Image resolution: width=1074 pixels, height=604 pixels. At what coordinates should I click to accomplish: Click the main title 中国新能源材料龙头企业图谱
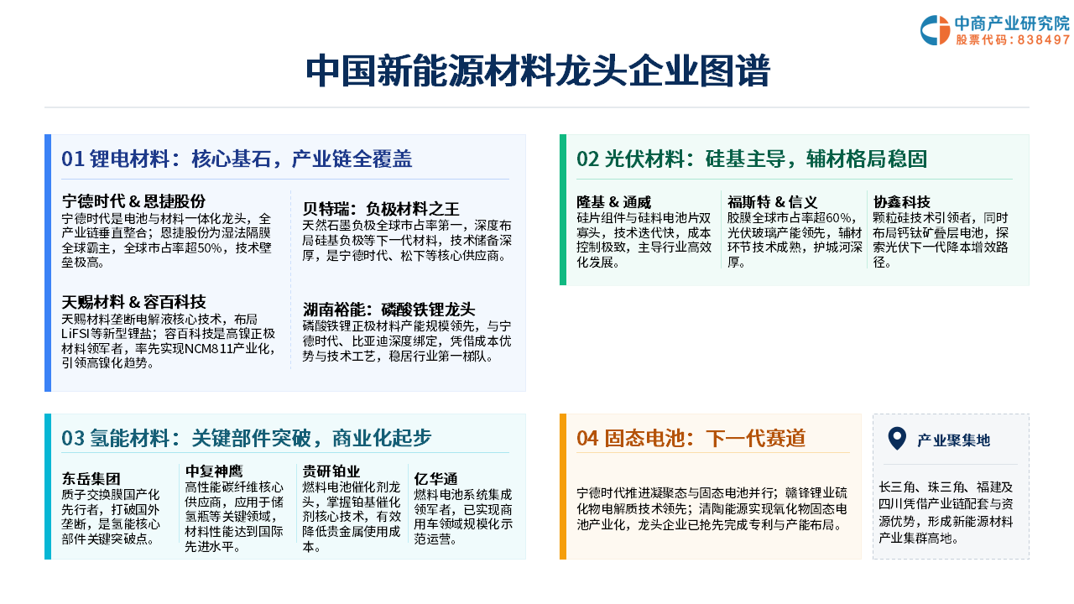click(x=538, y=71)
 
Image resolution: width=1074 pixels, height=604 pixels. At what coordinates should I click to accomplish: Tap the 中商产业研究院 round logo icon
click(x=935, y=30)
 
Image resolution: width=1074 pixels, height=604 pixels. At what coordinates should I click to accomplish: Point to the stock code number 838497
click(x=1043, y=39)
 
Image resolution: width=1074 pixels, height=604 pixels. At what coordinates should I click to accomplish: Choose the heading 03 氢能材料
click(x=120, y=438)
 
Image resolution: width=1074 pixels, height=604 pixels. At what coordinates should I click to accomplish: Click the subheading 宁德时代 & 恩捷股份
click(x=133, y=200)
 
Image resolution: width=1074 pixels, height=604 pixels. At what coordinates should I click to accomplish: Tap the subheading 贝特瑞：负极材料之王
click(x=381, y=209)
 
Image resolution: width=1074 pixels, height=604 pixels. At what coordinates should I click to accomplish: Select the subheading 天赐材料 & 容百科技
click(x=133, y=301)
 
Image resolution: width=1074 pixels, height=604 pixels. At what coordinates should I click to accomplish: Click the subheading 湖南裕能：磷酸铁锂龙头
click(x=388, y=310)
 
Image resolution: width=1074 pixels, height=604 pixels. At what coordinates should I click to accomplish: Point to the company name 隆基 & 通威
click(x=613, y=202)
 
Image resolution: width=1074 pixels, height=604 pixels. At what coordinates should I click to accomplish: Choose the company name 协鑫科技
click(x=901, y=202)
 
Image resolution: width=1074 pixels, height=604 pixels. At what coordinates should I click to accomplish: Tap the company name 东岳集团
click(x=91, y=478)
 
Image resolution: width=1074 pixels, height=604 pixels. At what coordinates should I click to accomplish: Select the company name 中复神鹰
click(x=214, y=471)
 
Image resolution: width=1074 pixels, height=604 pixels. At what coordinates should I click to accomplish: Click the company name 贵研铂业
click(x=331, y=471)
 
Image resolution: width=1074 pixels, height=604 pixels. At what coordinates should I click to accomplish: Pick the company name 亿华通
click(x=435, y=478)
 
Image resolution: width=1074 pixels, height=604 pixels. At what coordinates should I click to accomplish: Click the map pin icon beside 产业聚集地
click(x=897, y=438)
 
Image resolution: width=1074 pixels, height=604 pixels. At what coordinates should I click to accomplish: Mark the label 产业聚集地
click(x=953, y=440)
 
